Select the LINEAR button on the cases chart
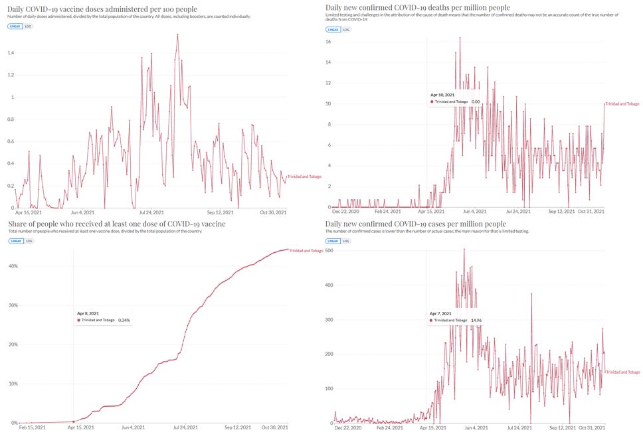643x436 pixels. coord(332,240)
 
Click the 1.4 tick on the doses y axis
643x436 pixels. coord(11,52)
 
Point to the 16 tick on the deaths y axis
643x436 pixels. coord(327,41)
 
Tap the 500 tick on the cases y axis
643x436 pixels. coord(328,251)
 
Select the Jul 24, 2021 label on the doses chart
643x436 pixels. coord(151,212)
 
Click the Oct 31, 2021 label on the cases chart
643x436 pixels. coord(591,428)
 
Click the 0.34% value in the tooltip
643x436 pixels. coord(124,320)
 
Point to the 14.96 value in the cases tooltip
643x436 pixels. coord(476,320)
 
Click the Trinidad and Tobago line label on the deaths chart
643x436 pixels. coord(623,104)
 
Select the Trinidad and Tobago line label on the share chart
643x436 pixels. coord(306,251)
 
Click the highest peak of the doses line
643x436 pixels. coord(177,35)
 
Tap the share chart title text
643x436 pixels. coord(117,224)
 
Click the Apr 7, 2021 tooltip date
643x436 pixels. coord(440,313)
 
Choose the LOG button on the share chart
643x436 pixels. coord(29,240)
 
